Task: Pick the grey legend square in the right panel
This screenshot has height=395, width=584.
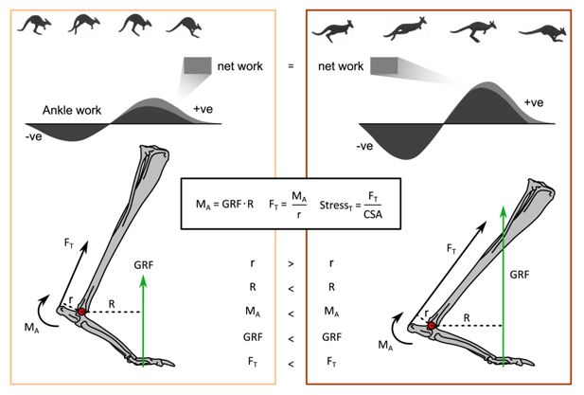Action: click(384, 65)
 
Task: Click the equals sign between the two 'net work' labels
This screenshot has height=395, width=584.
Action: click(292, 67)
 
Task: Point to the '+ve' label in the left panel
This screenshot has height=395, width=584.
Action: click(204, 111)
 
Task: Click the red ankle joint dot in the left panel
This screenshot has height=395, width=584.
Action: click(82, 312)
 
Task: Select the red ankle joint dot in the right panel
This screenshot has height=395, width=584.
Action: click(432, 325)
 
